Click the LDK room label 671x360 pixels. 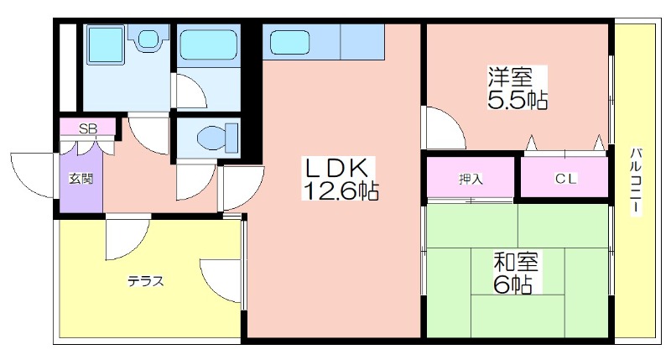click(x=336, y=168)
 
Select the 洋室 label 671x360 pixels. click(x=511, y=77)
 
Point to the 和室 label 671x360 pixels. click(x=516, y=262)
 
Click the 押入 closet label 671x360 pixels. click(x=471, y=179)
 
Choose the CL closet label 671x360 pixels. click(x=566, y=179)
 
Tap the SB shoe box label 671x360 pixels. click(x=88, y=128)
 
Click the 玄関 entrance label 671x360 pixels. click(x=81, y=178)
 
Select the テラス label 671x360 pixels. click(x=145, y=281)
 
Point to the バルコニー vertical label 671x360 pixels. click(x=636, y=180)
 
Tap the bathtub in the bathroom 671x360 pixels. click(x=208, y=44)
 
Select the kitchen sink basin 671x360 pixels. click(x=289, y=42)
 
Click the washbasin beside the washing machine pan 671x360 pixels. click(x=148, y=38)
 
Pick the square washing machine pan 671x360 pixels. click(x=106, y=45)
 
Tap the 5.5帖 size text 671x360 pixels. click(x=518, y=99)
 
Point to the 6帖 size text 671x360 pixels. click(x=513, y=284)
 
